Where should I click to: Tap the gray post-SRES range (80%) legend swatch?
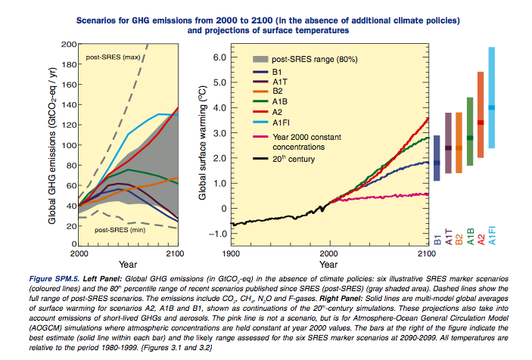[262, 58]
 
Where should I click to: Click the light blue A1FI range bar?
[491, 98]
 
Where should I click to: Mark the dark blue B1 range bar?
[437, 158]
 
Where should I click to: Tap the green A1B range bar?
[469, 132]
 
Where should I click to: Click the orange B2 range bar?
[459, 144]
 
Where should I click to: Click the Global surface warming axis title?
[202, 144]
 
